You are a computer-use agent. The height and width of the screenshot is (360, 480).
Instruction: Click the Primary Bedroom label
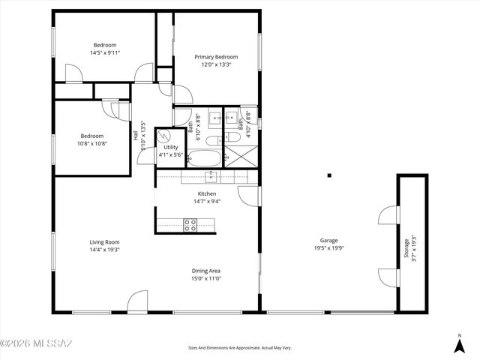pyautogui.click(x=216, y=57)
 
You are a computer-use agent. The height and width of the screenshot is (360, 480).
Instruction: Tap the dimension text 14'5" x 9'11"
pyautogui.click(x=105, y=52)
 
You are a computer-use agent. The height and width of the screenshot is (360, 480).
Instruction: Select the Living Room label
pyautogui.click(x=105, y=241)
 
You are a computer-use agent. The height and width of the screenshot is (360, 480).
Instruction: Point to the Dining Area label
pyautogui.click(x=205, y=270)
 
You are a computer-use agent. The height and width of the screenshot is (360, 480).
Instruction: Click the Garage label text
pyautogui.click(x=328, y=240)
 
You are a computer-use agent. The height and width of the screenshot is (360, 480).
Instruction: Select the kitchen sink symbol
pyautogui.click(x=211, y=176)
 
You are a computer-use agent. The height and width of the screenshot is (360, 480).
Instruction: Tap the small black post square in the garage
pyautogui.click(x=328, y=175)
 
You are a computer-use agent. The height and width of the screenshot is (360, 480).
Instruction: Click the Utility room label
pyautogui.click(x=171, y=147)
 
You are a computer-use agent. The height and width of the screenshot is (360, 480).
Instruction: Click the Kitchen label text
pyautogui.click(x=206, y=193)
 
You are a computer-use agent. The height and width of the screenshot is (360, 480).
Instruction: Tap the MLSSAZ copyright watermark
pyautogui.click(x=36, y=344)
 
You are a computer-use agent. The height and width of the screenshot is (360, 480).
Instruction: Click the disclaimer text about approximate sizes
pyautogui.click(x=239, y=348)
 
